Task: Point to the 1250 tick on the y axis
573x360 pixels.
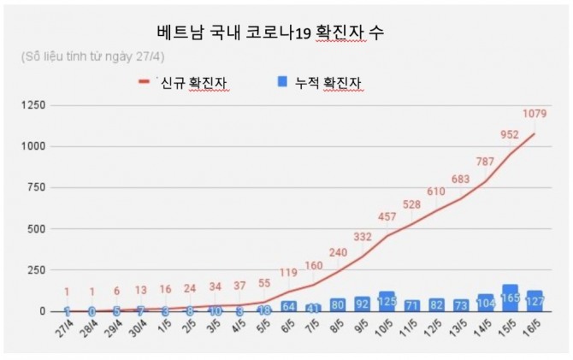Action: point(32,105)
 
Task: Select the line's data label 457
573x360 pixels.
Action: point(388,217)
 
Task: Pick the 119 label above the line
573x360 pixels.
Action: point(288,274)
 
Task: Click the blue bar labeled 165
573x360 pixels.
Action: point(511,300)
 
